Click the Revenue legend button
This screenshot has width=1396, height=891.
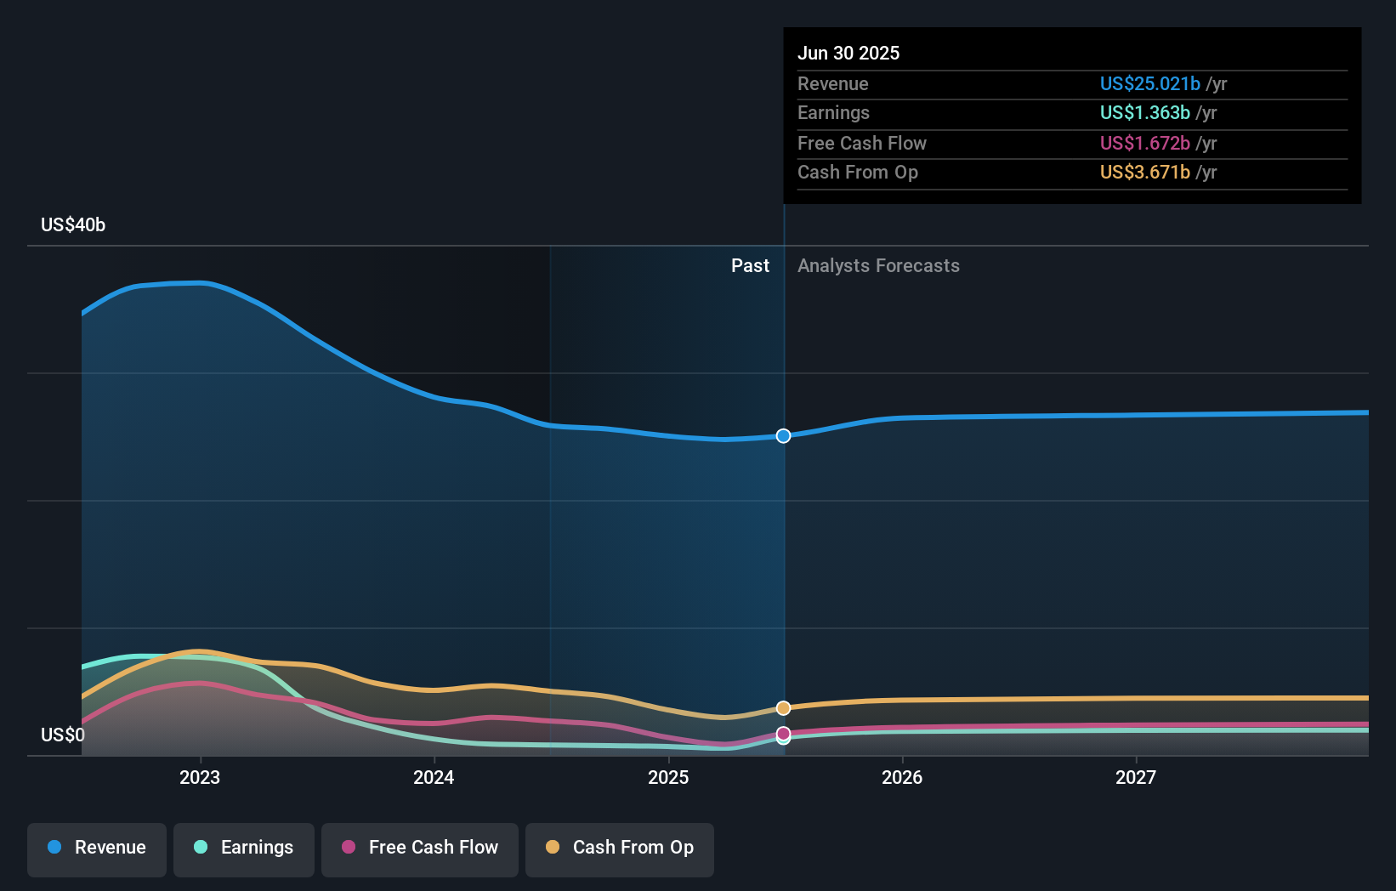[97, 850]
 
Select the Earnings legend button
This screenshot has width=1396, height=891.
[244, 850]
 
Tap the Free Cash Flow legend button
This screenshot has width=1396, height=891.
[419, 850]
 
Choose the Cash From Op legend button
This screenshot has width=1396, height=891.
[620, 850]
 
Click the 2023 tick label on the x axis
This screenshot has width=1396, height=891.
[200, 777]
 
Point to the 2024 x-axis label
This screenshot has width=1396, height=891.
[434, 777]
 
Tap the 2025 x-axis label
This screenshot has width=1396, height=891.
[668, 777]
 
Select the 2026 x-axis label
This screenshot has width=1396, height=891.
[902, 777]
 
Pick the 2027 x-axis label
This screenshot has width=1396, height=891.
[1136, 777]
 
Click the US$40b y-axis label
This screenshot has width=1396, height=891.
[73, 224]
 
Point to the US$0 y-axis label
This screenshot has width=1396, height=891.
[63, 735]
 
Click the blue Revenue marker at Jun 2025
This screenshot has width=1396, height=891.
[783, 435]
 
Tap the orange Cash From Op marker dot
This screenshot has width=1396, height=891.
[783, 708]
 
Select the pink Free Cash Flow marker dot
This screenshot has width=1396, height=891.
[783, 734]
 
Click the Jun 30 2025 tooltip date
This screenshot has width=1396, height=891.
[848, 53]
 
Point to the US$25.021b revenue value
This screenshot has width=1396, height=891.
[1149, 83]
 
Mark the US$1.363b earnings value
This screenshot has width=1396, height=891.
[1145, 113]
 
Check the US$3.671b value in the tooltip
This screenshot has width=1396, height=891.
[1145, 172]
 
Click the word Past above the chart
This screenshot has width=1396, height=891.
[751, 265]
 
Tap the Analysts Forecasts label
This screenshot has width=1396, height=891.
[879, 265]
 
